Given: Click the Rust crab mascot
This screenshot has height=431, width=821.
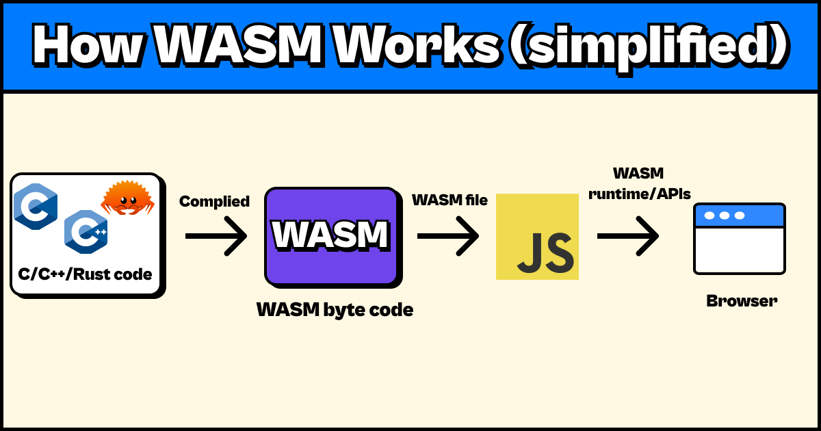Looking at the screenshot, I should tap(127, 198).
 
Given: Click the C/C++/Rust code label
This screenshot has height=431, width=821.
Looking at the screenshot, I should tap(86, 275).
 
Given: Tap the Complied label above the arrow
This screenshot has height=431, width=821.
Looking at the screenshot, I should tap(214, 202).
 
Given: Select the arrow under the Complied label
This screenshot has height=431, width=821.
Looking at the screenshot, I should tap(216, 236).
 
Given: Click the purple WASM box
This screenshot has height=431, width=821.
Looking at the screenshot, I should tap(331, 236).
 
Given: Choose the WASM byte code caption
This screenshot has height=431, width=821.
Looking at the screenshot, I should tap(335, 310).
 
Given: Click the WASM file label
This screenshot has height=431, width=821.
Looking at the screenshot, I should tap(449, 200).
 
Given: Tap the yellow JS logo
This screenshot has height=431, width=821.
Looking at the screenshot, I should tap(537, 237).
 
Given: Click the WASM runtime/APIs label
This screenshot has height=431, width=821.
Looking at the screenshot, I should tap(639, 183).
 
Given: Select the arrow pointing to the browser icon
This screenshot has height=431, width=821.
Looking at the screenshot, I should tap(627, 236).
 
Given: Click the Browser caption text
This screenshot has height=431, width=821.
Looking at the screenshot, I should tap(741, 300).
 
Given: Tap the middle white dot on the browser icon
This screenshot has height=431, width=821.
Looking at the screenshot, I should tap(724, 215).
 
